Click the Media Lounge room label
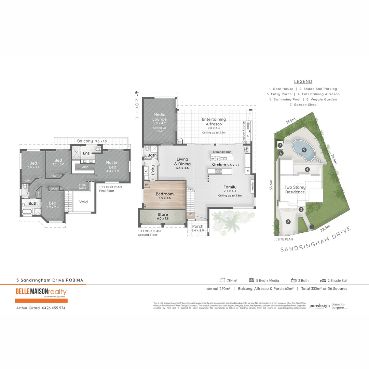point(160,117)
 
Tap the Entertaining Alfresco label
point(214,122)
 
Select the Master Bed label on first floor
point(112,165)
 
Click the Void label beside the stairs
point(83,202)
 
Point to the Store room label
point(163,215)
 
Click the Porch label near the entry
point(198,226)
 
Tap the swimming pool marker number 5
point(304,150)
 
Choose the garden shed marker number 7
point(280,145)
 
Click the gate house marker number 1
point(312,226)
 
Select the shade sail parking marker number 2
point(288,222)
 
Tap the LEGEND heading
point(303,82)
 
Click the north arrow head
point(137,93)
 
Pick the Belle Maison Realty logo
point(41,292)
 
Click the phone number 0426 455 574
point(54,308)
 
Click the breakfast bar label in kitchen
point(222,152)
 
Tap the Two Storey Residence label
point(295,190)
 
